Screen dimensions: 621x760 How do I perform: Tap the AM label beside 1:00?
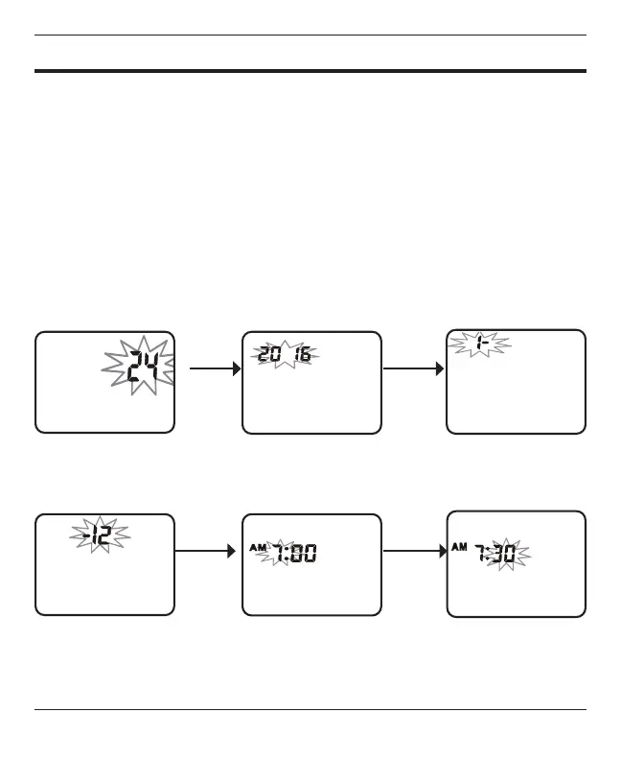257,548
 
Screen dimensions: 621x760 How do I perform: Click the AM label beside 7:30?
460,548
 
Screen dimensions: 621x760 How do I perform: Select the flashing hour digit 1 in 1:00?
281,554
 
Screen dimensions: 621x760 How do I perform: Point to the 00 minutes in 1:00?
304,554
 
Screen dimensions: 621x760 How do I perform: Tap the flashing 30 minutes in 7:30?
508,556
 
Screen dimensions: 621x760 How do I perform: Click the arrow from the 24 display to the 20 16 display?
214,368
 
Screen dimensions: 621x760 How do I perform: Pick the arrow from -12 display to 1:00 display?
205,552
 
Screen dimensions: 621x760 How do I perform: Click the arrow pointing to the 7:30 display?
414,552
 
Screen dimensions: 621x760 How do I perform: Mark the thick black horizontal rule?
310,70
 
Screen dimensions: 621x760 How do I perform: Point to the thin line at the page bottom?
310,710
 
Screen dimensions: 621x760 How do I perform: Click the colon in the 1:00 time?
289,554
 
